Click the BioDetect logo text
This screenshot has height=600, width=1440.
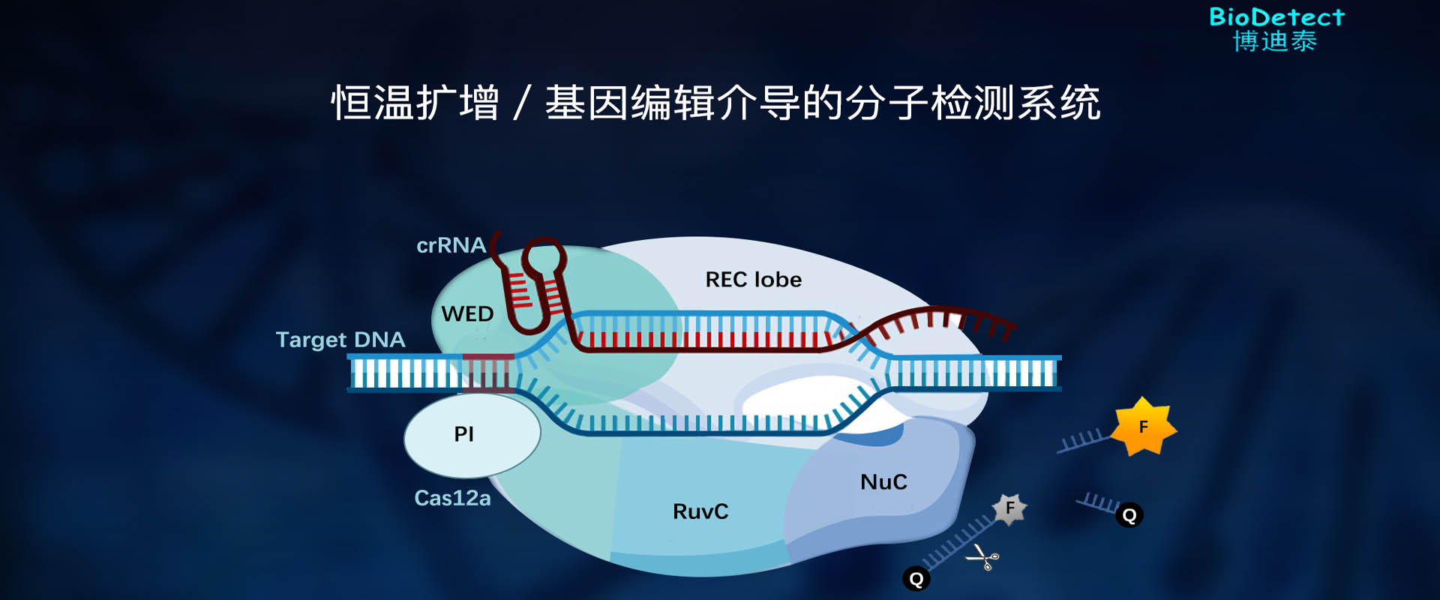coord(1276,16)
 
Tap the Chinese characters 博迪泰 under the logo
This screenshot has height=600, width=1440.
coord(1275,41)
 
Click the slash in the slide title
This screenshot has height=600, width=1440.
coord(523,103)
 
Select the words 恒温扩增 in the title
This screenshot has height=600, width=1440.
coord(415,103)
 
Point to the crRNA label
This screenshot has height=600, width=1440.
coord(451,245)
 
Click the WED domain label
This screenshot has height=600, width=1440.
coord(467,313)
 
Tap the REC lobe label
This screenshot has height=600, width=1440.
coord(754,280)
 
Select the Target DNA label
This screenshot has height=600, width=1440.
coord(340,340)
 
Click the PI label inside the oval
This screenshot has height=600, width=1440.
coord(464,433)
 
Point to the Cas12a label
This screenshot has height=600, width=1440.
coord(452,498)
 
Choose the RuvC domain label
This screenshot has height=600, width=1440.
coord(700,511)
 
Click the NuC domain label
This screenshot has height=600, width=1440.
coord(883,481)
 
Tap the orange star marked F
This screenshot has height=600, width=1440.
coord(1143,427)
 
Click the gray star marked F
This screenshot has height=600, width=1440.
coord(1009,508)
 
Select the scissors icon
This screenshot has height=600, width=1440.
coord(982,558)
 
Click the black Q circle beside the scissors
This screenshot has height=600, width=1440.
coord(916,578)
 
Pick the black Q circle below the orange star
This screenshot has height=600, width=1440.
coord(1129,515)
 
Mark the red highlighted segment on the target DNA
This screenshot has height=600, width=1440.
coord(488,373)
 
